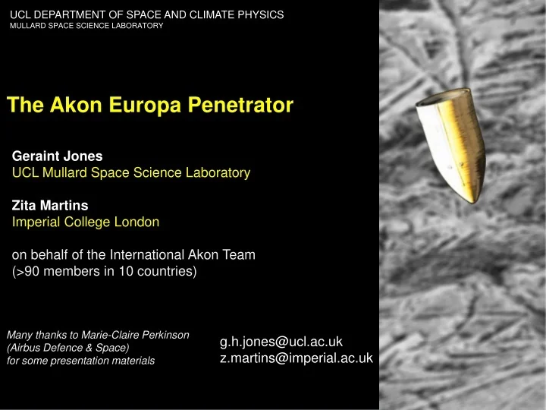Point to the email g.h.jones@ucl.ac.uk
pyautogui.click(x=281, y=342)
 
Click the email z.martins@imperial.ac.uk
pyautogui.click(x=296, y=358)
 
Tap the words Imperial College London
pyautogui.click(x=86, y=222)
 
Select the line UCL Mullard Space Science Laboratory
pyautogui.click(x=131, y=173)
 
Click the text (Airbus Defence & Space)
pyautogui.click(x=67, y=347)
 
